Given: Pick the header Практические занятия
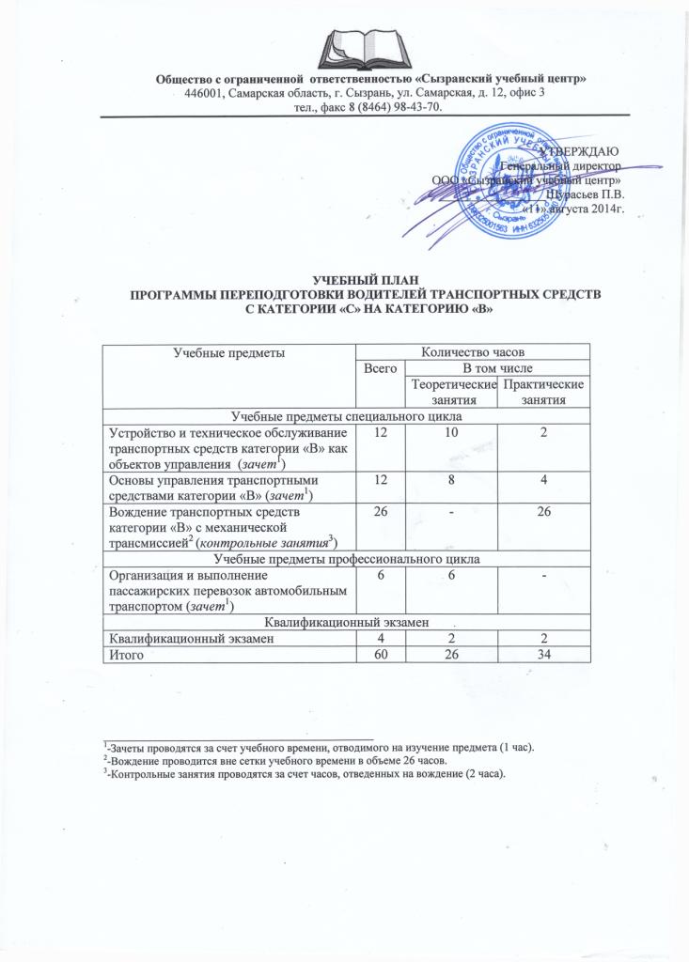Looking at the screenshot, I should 543,394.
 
